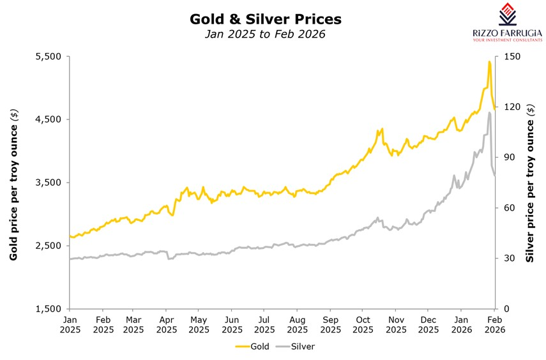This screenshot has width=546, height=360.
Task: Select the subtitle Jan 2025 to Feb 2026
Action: click(265, 34)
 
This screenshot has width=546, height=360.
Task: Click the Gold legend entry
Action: click(252, 347)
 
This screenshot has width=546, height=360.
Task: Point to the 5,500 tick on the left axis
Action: click(47, 57)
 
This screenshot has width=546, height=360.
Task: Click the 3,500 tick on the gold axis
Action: click(47, 183)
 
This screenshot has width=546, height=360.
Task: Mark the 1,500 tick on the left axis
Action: click(47, 309)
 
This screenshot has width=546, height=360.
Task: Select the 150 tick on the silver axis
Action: click(512, 57)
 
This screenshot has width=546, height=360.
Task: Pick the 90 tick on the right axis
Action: click(510, 158)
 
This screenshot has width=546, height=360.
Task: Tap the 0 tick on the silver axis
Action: click(507, 309)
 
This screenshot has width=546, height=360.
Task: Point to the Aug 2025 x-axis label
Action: click(297, 324)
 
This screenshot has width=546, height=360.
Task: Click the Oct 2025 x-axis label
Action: click(363, 324)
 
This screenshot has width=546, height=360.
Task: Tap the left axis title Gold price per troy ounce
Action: click(13, 184)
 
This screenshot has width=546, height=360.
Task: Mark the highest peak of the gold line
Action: click(489, 62)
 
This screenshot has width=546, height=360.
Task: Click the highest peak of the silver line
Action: click(489, 113)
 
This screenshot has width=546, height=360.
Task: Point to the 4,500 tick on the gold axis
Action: click(47, 119)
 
